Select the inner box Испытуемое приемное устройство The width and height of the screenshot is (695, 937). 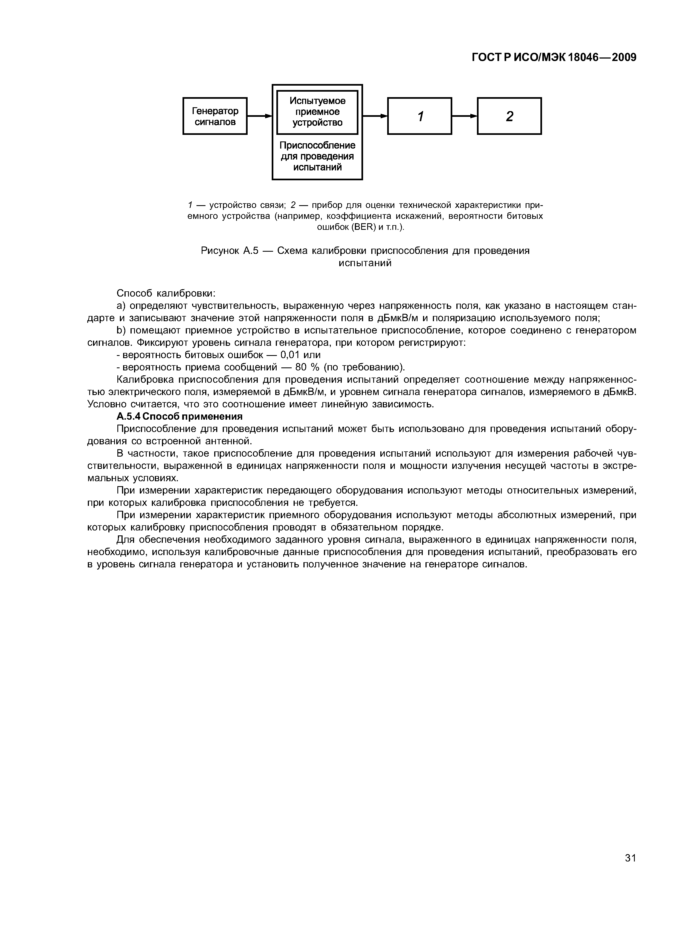tap(317, 112)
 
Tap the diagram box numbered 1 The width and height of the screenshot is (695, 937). tap(419, 116)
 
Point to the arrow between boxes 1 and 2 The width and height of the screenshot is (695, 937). tap(464, 116)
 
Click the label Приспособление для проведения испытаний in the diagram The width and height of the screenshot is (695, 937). tap(317, 156)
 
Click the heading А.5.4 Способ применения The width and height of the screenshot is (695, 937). tap(180, 416)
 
